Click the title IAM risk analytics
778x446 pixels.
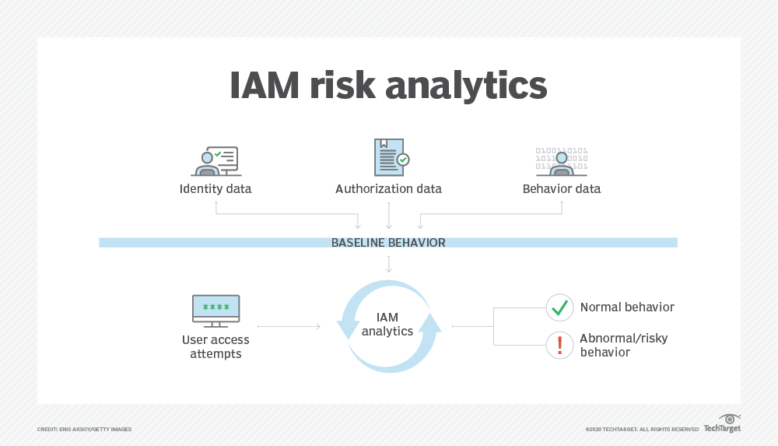[x=388, y=86]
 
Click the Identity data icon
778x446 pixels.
[x=215, y=160]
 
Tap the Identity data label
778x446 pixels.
[x=216, y=189]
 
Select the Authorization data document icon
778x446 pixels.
[x=390, y=157]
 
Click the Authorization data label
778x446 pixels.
[x=388, y=189]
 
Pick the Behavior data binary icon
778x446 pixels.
[x=562, y=160]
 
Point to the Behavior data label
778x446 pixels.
[x=562, y=189]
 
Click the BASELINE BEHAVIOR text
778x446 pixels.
[x=388, y=243]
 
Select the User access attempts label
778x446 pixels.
[x=216, y=347]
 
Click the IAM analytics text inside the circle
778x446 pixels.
[x=387, y=325]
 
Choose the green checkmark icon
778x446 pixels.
[x=559, y=307]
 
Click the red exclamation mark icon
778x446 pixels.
[x=559, y=345]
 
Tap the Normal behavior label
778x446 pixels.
[x=627, y=307]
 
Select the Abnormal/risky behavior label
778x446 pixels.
[x=623, y=346]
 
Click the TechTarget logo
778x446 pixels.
[x=722, y=424]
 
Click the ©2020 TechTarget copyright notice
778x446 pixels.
[x=642, y=430]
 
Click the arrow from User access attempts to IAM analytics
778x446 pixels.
[x=289, y=327]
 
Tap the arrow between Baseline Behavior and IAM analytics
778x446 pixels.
[x=388, y=264]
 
